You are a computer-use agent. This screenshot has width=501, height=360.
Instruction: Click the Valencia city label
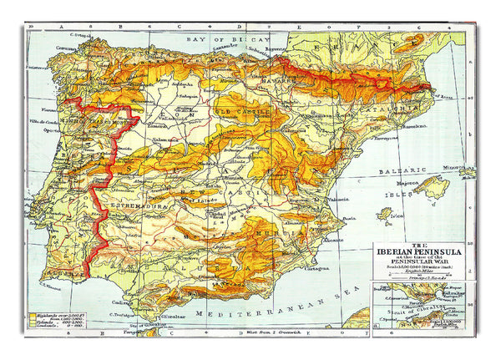point(338,200)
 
